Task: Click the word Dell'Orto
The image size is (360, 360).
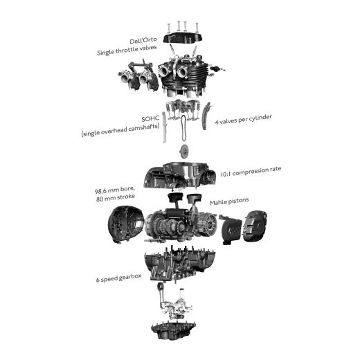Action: pos(143,40)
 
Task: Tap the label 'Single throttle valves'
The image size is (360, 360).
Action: pos(127,50)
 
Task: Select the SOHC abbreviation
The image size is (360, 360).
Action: pos(150,119)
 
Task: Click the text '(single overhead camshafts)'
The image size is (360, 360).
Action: pos(120,130)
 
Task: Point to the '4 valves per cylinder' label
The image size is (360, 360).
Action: pos(244,119)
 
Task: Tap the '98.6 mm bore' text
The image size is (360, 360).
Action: pos(114,190)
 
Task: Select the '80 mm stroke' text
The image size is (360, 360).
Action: pos(116,198)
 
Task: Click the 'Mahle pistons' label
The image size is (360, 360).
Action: pos(229,201)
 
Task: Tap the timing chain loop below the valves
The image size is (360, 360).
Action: pos(183,128)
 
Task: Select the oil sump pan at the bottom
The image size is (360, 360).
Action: pos(174,330)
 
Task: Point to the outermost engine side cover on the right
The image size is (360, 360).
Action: pos(255,226)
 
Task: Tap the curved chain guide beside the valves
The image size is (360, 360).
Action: pos(206,116)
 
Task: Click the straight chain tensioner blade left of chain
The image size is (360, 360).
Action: pos(164,127)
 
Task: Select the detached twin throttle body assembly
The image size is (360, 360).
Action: pos(138,76)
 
